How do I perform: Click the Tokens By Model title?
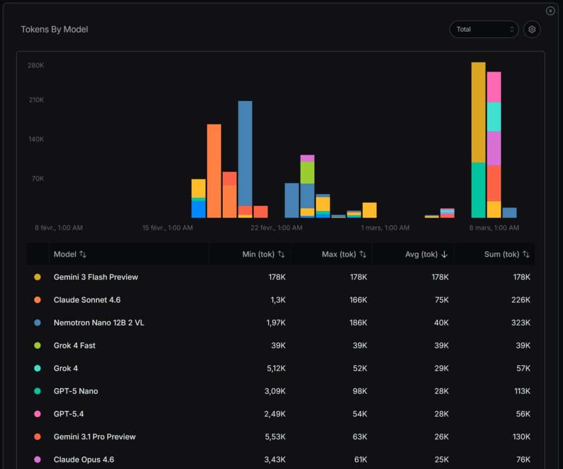[x=54, y=29]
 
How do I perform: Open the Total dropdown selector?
[x=484, y=29]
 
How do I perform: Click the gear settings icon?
[x=532, y=29]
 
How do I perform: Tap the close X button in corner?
[x=550, y=11]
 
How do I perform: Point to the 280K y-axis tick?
[x=36, y=65]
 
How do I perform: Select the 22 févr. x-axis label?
[x=277, y=228]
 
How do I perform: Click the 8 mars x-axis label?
[x=494, y=228]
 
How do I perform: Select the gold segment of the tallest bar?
[x=478, y=112]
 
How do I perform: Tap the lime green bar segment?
[x=307, y=173]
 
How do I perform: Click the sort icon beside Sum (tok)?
[x=526, y=254]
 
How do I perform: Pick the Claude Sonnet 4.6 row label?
[x=87, y=300]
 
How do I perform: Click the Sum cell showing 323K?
[x=520, y=323]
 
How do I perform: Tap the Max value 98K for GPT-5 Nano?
[x=358, y=391]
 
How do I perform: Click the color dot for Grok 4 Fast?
[x=37, y=345]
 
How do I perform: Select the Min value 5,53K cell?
[x=276, y=437]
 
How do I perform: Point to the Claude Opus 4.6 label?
[x=84, y=459]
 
